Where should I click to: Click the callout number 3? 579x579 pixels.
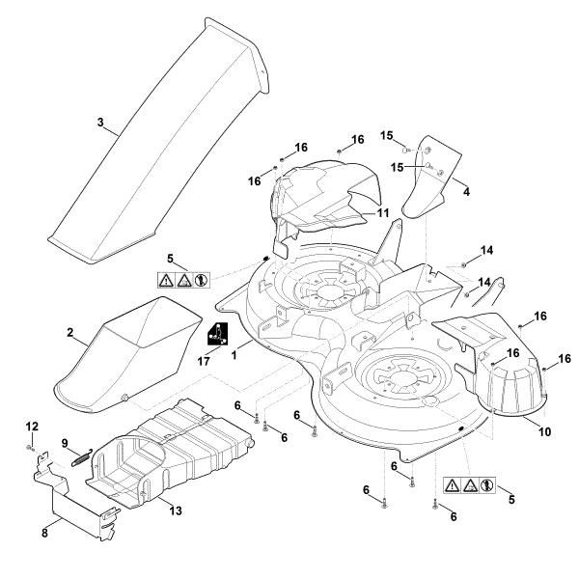[x=100, y=123]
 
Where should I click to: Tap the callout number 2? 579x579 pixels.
[x=70, y=332]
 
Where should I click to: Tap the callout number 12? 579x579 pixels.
[x=31, y=426]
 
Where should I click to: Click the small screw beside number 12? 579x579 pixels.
[x=31, y=447]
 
